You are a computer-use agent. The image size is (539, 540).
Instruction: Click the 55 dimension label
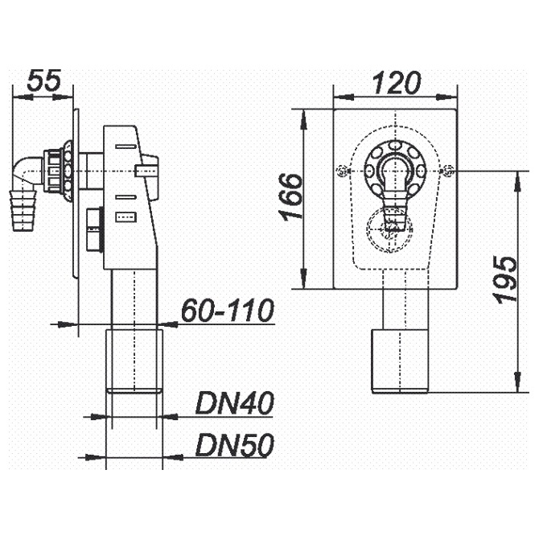44,80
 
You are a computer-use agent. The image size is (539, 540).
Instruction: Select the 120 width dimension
398,82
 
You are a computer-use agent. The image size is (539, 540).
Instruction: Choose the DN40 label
234,404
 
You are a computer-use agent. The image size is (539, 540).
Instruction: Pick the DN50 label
234,444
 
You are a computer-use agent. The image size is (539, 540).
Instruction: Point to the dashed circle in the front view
390,229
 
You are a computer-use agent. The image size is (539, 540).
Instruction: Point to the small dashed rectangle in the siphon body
126,215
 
